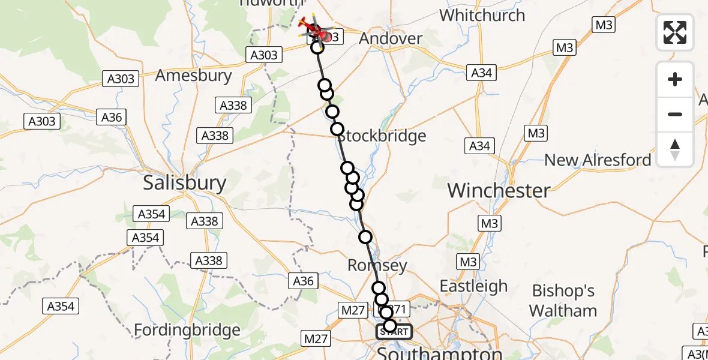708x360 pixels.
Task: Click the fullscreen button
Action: tap(675, 32)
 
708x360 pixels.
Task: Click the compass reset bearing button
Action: tap(675, 149)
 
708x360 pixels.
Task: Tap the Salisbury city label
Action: tap(184, 183)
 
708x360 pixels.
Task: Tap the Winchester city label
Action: tap(499, 191)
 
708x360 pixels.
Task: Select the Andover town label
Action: tap(391, 38)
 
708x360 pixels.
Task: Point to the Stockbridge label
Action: tap(382, 136)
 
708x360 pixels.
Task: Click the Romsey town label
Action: tap(377, 265)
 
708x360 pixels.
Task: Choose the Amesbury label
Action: tap(193, 76)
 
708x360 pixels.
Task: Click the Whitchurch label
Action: tap(482, 15)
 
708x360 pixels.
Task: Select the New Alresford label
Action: tap(597, 160)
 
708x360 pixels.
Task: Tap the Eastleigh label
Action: tap(473, 286)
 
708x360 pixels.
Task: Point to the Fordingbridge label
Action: tap(187, 329)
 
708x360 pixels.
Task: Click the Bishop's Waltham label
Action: tap(563, 301)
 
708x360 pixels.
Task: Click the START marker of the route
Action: tap(394, 332)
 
